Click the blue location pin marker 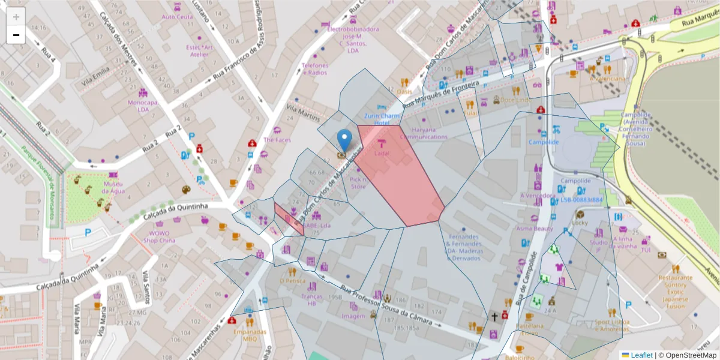pos(344,140)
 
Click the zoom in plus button pos(16,17)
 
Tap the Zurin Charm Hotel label pos(382,119)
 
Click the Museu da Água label pos(113,187)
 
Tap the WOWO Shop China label pos(159,236)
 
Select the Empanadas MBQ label pos(249,335)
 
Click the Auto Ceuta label pos(177,17)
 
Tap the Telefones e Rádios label pos(314,68)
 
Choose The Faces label pos(277,140)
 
